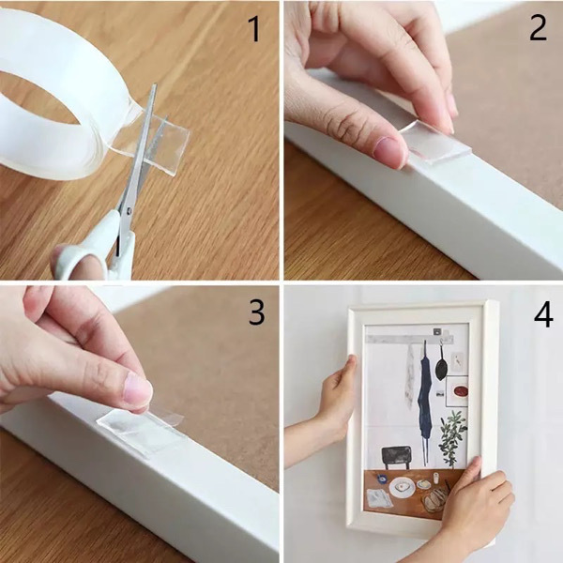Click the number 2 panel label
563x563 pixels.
538,27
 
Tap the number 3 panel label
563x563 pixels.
256,312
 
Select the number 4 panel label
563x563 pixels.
542,314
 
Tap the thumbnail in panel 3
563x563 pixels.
137,388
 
